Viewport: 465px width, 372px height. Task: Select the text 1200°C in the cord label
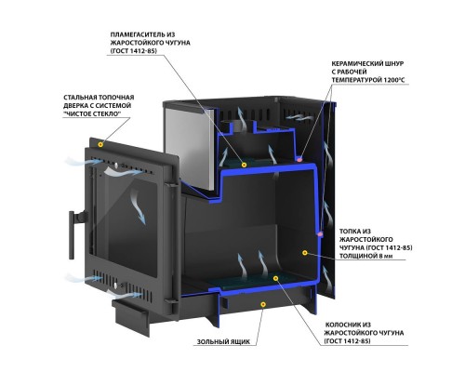point(394,80)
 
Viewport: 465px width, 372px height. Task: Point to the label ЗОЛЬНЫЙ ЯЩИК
point(223,342)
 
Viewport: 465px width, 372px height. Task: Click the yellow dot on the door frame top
point(100,144)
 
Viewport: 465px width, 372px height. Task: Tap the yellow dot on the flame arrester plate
point(244,165)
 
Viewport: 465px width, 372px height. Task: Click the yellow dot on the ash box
point(263,305)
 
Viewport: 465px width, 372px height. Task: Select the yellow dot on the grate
point(275,278)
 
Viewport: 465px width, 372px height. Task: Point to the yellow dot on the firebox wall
point(305,253)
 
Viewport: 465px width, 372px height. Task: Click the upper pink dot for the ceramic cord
point(299,159)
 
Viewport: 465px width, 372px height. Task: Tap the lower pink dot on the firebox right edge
point(321,233)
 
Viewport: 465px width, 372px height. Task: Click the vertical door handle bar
point(72,235)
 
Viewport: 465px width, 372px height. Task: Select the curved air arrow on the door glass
point(138,206)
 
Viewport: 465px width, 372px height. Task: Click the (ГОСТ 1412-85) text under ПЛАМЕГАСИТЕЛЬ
point(132,51)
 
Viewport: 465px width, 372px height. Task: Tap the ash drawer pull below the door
point(131,318)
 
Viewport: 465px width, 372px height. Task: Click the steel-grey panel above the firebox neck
point(191,147)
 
